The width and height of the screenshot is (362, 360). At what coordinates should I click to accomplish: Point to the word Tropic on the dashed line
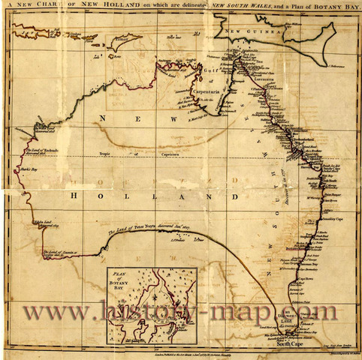106,156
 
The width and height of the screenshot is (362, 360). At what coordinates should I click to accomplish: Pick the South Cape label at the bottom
309,346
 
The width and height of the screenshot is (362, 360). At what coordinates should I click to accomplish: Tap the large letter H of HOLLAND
75,196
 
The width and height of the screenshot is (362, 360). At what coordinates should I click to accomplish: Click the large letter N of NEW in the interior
103,120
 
